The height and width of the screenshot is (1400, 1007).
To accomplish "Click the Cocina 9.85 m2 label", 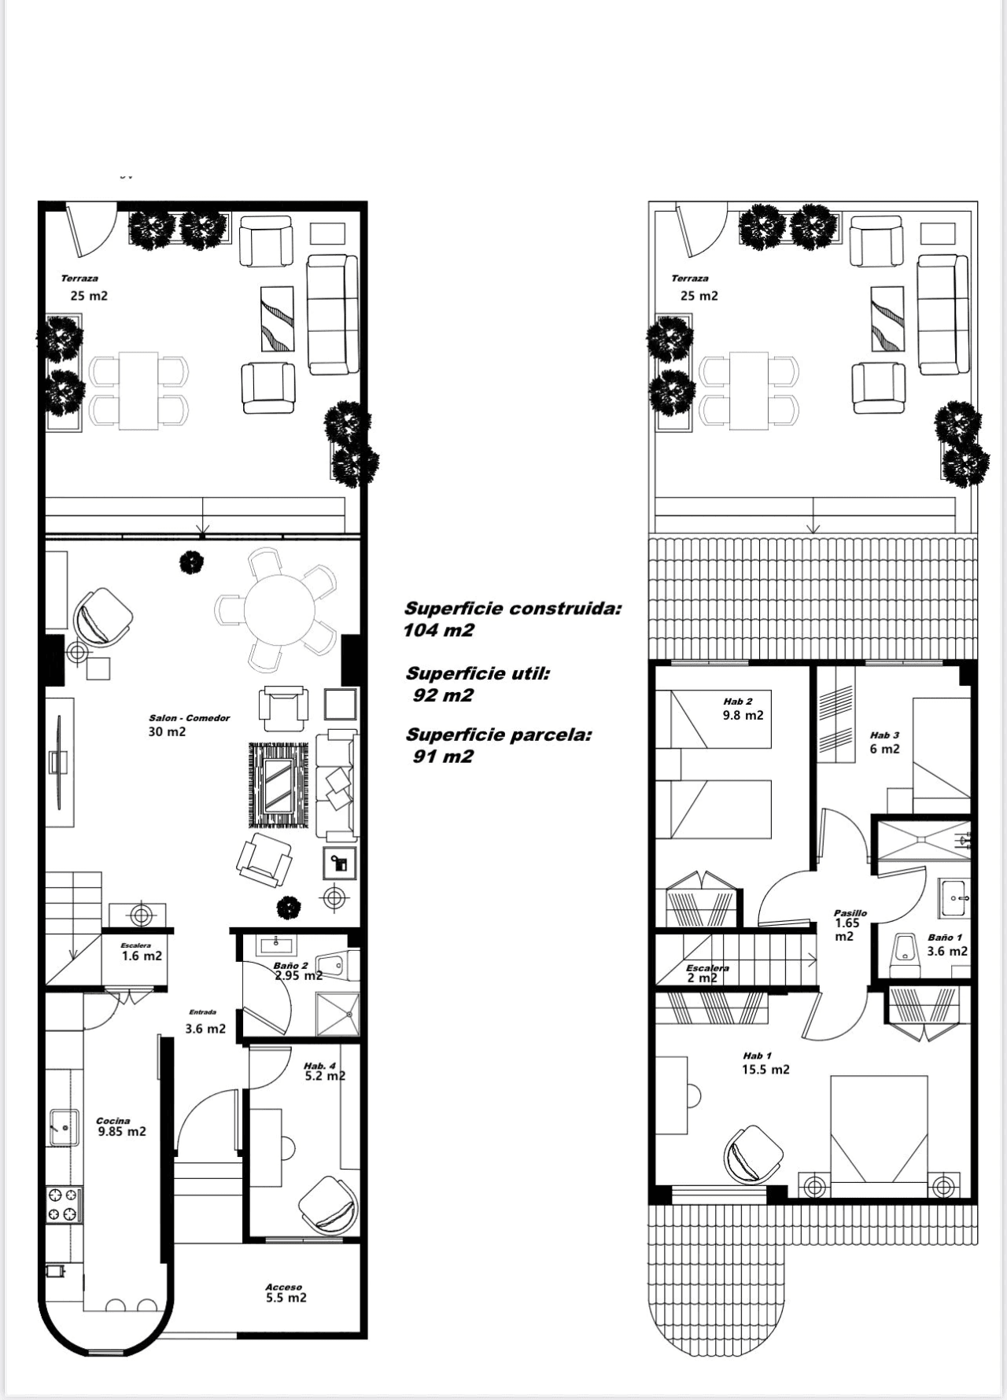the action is pos(121,1127).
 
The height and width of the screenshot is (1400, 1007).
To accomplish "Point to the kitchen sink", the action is pos(64,1127).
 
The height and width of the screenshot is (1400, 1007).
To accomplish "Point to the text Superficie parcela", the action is pos(499,735).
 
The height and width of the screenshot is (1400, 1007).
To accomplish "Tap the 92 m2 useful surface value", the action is pos(443,695).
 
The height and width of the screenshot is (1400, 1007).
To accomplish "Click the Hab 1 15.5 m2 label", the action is pos(765,1063).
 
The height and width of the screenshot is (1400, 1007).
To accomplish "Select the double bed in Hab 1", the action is pos(880,1129).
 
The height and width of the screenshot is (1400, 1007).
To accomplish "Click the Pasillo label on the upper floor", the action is pos(850,913).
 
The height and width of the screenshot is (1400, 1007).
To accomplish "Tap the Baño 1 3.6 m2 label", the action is pos(947,945).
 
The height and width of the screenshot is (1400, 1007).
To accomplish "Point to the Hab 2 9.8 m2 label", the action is pos(743,709).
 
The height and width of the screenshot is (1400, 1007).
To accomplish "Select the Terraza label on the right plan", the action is pos(690,278).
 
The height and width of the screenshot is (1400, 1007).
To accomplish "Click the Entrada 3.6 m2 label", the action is pos(205,1022).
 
